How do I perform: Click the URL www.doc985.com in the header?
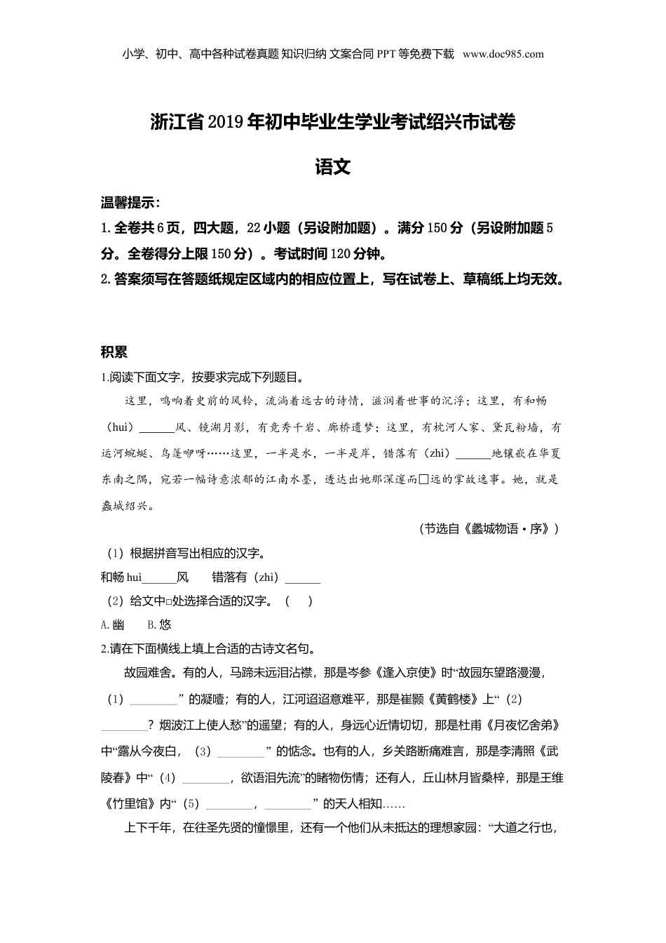click(x=503, y=53)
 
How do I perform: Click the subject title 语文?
click(x=333, y=167)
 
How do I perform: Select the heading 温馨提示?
click(x=130, y=203)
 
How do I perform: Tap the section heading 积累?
click(x=114, y=352)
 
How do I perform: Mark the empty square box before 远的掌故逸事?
click(x=423, y=480)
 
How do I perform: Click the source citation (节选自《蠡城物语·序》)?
click(x=489, y=529)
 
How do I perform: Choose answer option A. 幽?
click(x=113, y=624)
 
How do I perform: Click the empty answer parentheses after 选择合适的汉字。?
click(x=299, y=601)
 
